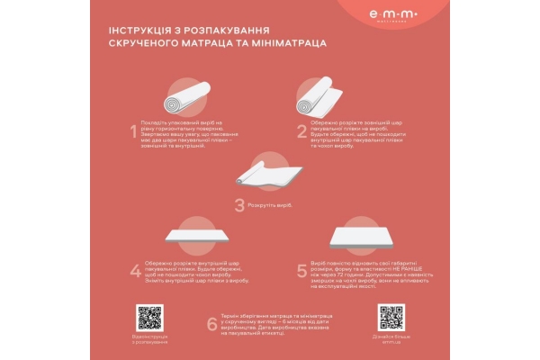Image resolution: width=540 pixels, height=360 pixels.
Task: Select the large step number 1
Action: [x=134, y=133]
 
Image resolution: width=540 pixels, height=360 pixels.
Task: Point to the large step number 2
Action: [x=302, y=132]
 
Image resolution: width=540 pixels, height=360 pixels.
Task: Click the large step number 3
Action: [x=238, y=205]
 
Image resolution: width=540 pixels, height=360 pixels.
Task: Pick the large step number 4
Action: [x=134, y=271]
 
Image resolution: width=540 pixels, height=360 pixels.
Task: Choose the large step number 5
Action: [x=302, y=270]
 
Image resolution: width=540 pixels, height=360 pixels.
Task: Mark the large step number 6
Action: [x=212, y=323]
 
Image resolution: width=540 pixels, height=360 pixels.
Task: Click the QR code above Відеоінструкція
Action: [x=149, y=317]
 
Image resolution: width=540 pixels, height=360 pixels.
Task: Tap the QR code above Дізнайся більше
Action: [x=391, y=317]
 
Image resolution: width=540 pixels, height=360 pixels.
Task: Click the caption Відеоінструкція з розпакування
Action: [x=149, y=339]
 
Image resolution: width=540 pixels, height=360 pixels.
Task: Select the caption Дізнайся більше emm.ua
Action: [x=391, y=338]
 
